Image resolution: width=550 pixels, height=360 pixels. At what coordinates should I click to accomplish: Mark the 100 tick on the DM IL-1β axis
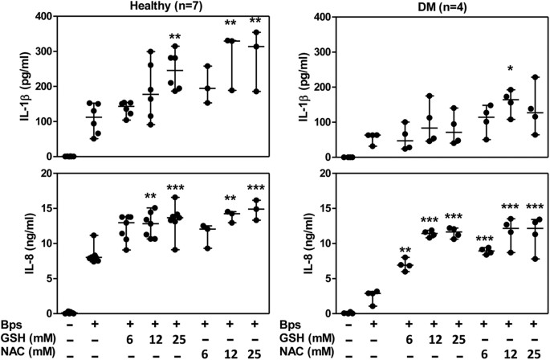coord(315,122)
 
